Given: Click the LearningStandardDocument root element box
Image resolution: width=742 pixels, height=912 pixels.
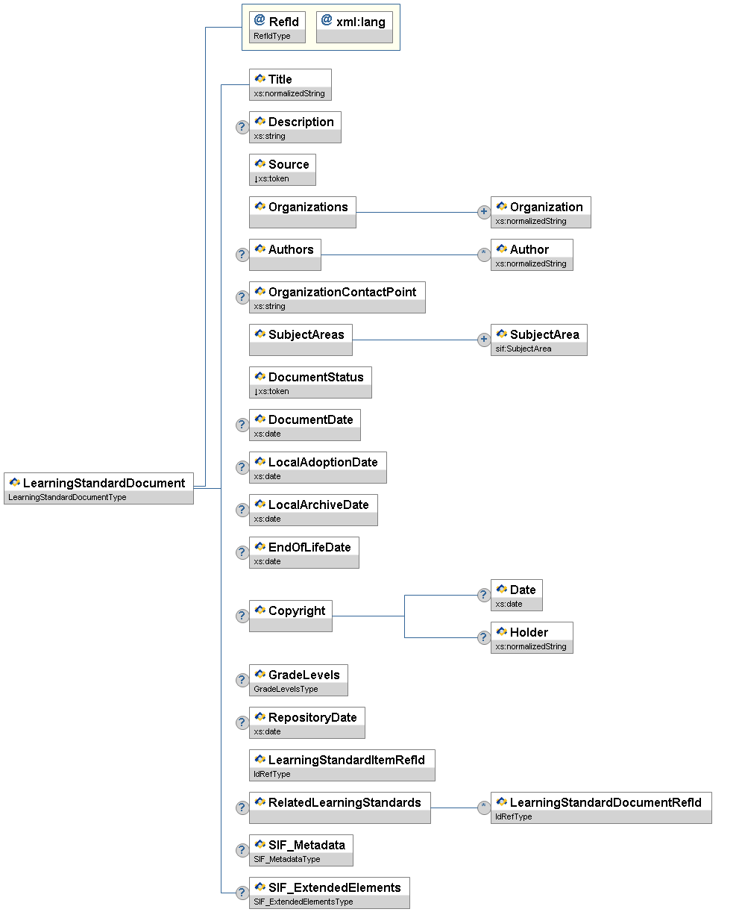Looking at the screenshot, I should (98, 488).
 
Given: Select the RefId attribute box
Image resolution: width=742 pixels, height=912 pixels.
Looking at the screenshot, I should (277, 27).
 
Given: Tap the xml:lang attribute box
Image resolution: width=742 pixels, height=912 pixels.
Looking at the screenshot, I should (353, 27).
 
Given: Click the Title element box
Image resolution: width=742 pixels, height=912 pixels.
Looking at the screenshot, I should (290, 84).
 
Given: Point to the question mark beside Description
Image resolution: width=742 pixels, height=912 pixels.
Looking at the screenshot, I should (242, 127).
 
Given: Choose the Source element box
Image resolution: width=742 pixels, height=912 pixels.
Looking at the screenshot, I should (282, 169).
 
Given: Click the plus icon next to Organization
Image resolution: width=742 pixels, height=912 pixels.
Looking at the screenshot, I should (483, 212).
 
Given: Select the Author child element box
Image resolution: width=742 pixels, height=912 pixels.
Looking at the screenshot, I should (532, 254).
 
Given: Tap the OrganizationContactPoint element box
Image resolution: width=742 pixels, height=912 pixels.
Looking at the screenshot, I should (337, 297).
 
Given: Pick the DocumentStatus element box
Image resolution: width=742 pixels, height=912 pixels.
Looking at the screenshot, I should (310, 382).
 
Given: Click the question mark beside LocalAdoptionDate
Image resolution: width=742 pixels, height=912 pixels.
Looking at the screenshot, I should (242, 467).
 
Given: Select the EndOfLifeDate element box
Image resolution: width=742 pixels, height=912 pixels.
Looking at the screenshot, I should (304, 552).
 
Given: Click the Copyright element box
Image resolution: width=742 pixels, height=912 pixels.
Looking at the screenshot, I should (291, 616).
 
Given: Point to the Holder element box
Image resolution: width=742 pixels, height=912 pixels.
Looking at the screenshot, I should (532, 637).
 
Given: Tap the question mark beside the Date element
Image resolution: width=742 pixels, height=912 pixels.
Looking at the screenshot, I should (483, 595).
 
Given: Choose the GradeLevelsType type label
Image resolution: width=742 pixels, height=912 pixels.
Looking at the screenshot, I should (286, 689).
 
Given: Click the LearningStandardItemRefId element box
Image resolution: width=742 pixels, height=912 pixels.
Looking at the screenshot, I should (342, 765).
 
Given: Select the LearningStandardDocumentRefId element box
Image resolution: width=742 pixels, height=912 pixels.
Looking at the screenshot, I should (601, 808).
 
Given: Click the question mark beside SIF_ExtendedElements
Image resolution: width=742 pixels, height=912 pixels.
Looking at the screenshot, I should (242, 893).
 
